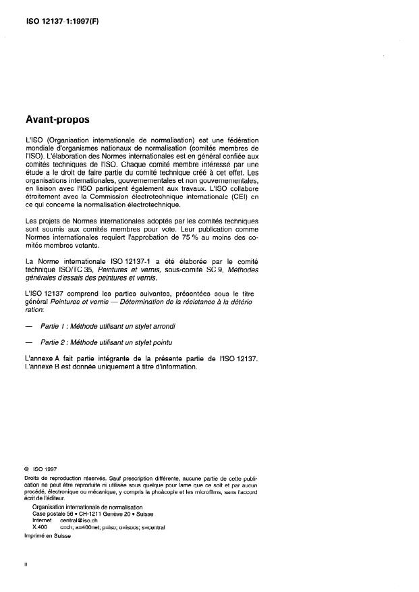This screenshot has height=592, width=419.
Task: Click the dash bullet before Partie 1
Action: coord(28,326)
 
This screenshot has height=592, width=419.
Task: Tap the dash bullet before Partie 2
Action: coord(28,342)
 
